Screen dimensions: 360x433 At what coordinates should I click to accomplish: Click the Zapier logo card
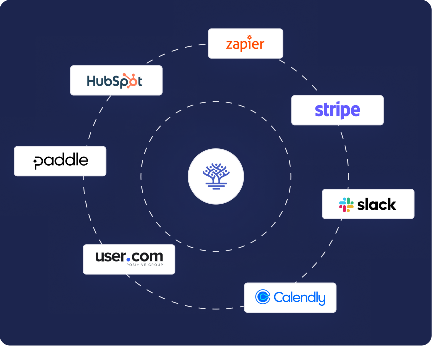pos(245,44)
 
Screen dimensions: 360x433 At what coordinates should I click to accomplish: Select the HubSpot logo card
pos(116,80)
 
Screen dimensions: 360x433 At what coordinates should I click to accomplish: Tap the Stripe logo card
pos(337,110)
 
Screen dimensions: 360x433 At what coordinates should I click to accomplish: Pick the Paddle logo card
pos(60,161)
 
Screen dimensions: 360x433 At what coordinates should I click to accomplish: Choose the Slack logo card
pos(368,204)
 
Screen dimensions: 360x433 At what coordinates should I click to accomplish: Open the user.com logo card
pos(129,259)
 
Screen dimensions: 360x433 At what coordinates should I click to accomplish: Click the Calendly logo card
pos(290,298)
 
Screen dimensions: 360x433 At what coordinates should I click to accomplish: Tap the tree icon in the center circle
pos(216,176)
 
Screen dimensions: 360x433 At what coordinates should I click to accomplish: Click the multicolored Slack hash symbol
pos(346,204)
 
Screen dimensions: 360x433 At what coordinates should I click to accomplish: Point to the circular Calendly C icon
pos(263,297)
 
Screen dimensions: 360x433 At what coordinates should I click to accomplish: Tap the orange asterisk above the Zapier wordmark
pos(249,37)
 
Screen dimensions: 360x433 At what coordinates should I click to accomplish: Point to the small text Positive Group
pos(144,266)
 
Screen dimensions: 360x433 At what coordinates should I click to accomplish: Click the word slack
pos(377,204)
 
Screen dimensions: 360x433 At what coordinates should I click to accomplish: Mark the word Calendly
pos(299,298)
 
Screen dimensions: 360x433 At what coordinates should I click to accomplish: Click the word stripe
pos(337,110)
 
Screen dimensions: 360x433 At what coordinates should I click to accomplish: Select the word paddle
pos(61,161)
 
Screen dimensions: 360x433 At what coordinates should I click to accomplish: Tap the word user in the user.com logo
pos(110,257)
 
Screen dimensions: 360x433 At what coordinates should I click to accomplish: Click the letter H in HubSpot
pos(92,81)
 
